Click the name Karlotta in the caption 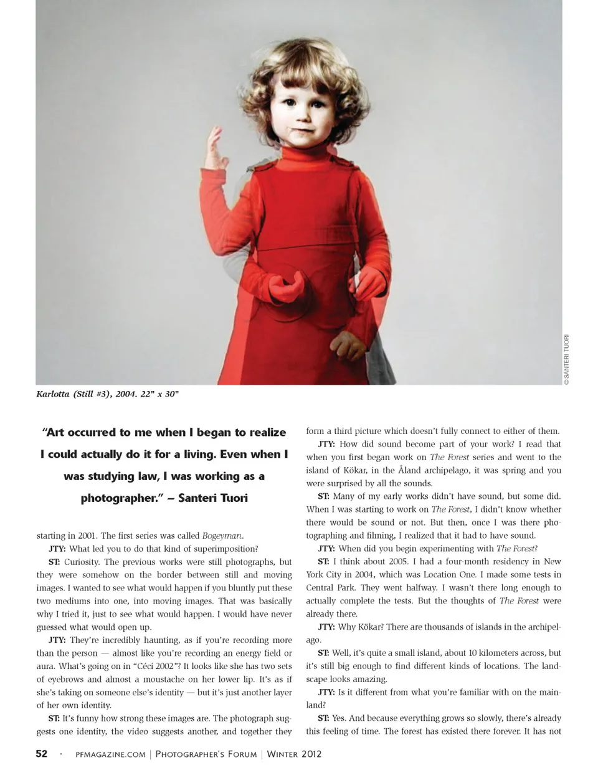point(53,394)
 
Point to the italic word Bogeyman point(222,536)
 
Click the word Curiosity point(82,562)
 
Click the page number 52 point(42,754)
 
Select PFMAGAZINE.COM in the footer point(110,754)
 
